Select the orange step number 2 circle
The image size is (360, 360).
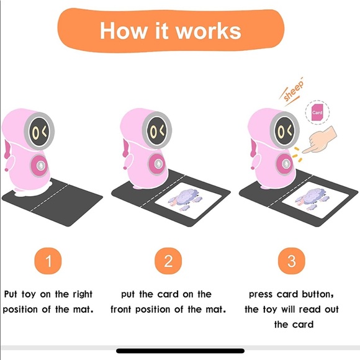click(x=168, y=261)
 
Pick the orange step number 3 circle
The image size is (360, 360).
click(x=291, y=261)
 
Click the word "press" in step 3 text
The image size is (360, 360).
click(x=262, y=294)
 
